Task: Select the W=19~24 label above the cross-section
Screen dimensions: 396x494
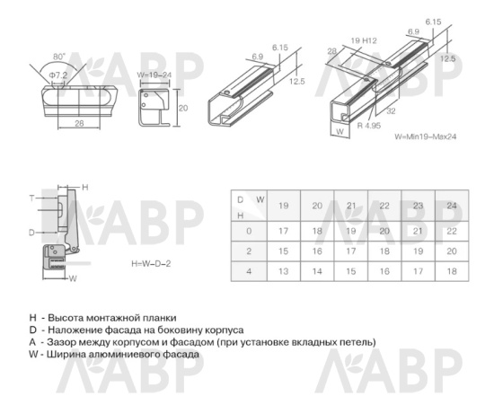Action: pos(154,75)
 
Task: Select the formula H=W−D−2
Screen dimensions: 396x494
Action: pos(151,265)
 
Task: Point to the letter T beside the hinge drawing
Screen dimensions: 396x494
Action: pos(32,197)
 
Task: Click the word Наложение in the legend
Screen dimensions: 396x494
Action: pos(75,330)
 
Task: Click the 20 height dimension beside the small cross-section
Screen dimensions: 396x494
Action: pos(181,106)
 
